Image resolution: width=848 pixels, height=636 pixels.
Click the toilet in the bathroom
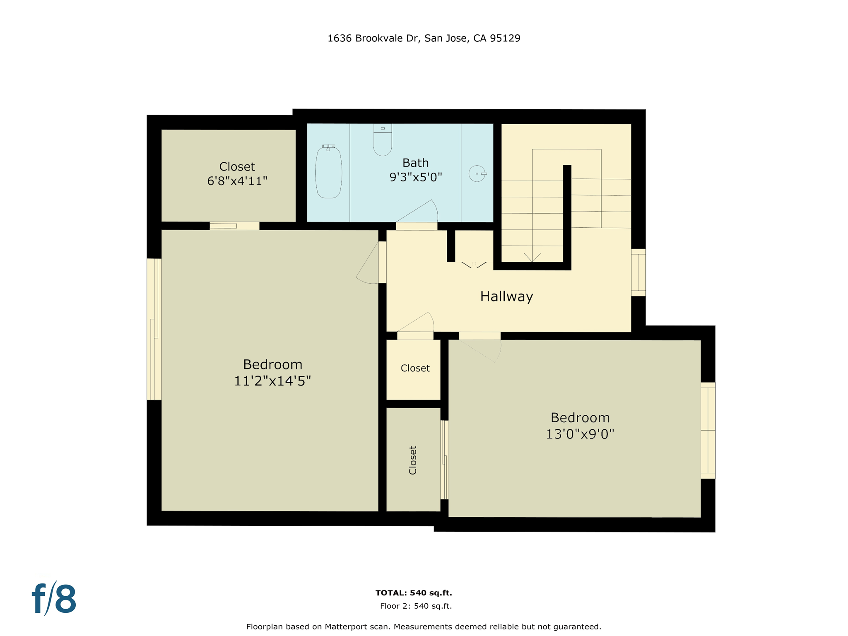point(382,141)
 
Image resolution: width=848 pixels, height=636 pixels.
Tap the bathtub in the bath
point(329,173)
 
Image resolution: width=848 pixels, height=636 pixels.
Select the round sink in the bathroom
point(477,173)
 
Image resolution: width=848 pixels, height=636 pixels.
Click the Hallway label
point(506,296)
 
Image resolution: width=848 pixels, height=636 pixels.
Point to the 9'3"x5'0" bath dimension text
point(415,177)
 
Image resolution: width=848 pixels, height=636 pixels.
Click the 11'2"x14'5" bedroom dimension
point(272,381)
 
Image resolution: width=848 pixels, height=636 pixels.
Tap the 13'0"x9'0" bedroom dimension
point(580,434)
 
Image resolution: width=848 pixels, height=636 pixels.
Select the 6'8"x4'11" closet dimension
point(237,181)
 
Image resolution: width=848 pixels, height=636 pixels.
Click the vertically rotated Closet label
point(413,460)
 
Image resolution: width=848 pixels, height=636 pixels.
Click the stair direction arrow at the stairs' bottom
point(532,257)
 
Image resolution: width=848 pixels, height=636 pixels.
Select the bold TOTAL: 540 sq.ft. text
point(413,593)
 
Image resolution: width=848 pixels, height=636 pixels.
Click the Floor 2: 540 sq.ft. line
point(416,606)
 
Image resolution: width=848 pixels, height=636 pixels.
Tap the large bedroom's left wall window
point(154,329)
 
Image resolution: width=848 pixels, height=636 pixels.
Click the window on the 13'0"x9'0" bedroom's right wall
point(708,430)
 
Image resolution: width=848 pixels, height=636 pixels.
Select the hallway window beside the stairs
point(638,272)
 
